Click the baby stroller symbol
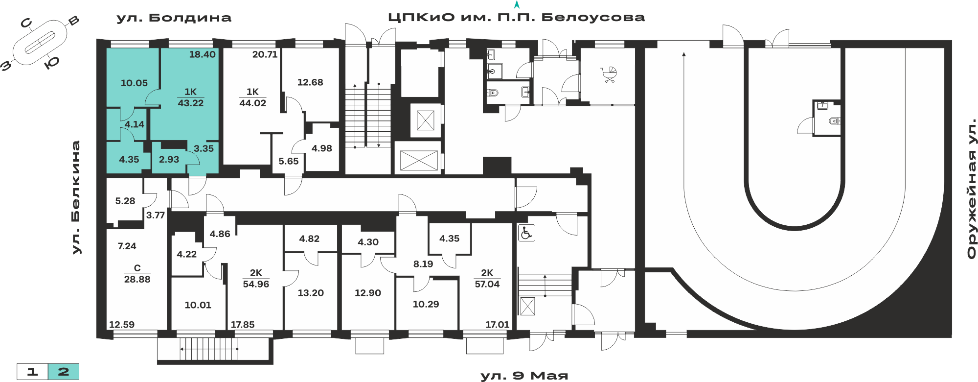coord(609,75)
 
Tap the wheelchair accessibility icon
coord(526,233)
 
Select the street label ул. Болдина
coord(174,18)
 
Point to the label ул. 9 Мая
coord(524,376)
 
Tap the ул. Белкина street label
coord(76,197)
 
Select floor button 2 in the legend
coord(64,372)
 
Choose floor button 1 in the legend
coord(32,372)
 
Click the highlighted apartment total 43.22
coord(190,103)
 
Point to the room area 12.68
coord(310,82)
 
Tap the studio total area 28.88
coord(137,279)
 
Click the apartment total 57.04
coord(487,284)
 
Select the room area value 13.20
coord(311,293)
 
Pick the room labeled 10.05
coord(134,83)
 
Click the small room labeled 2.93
coord(169,159)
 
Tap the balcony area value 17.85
coord(243,324)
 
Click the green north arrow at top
coord(517,5)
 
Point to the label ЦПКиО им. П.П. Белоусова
coord(517,18)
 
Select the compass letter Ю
coord(52,63)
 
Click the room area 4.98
coord(322,148)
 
